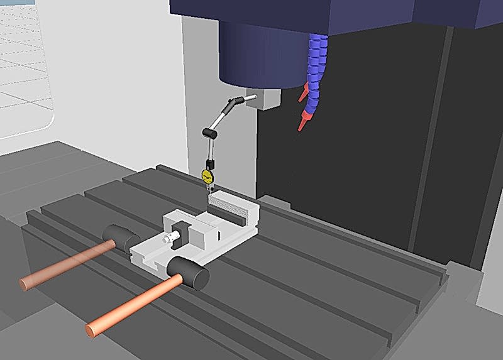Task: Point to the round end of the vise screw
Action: tap(168, 239)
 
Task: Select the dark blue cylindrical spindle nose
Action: tap(258, 53)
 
